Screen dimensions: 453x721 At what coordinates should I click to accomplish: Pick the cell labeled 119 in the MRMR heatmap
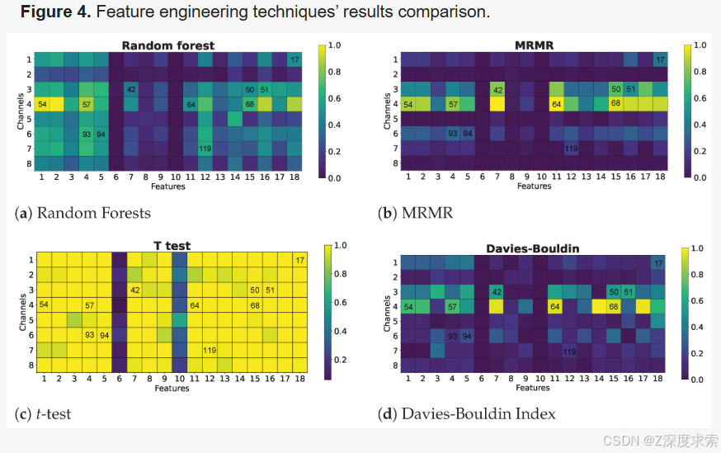click(x=570, y=149)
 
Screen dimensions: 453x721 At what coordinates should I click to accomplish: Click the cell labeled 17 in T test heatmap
click(x=299, y=261)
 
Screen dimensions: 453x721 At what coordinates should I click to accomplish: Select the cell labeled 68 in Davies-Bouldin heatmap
click(x=614, y=306)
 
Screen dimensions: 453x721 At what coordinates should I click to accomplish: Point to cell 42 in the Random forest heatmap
click(x=131, y=89)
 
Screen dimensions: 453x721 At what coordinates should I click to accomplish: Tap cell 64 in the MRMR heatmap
click(x=555, y=104)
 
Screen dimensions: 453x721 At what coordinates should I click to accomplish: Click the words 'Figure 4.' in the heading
click(x=49, y=12)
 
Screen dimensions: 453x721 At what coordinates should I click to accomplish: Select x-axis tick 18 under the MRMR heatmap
click(x=660, y=177)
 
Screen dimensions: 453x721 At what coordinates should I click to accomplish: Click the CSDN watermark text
click(x=661, y=441)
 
